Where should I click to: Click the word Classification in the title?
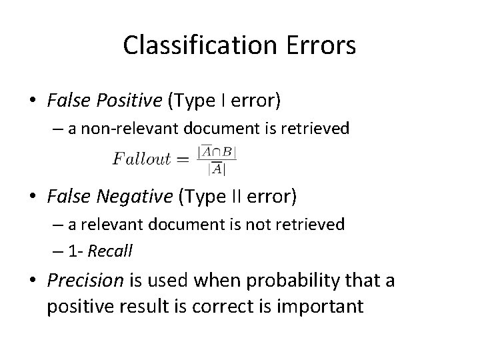189,46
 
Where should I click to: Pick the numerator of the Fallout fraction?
215,152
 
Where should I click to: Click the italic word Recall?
111,251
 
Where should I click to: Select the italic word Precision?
85,280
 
